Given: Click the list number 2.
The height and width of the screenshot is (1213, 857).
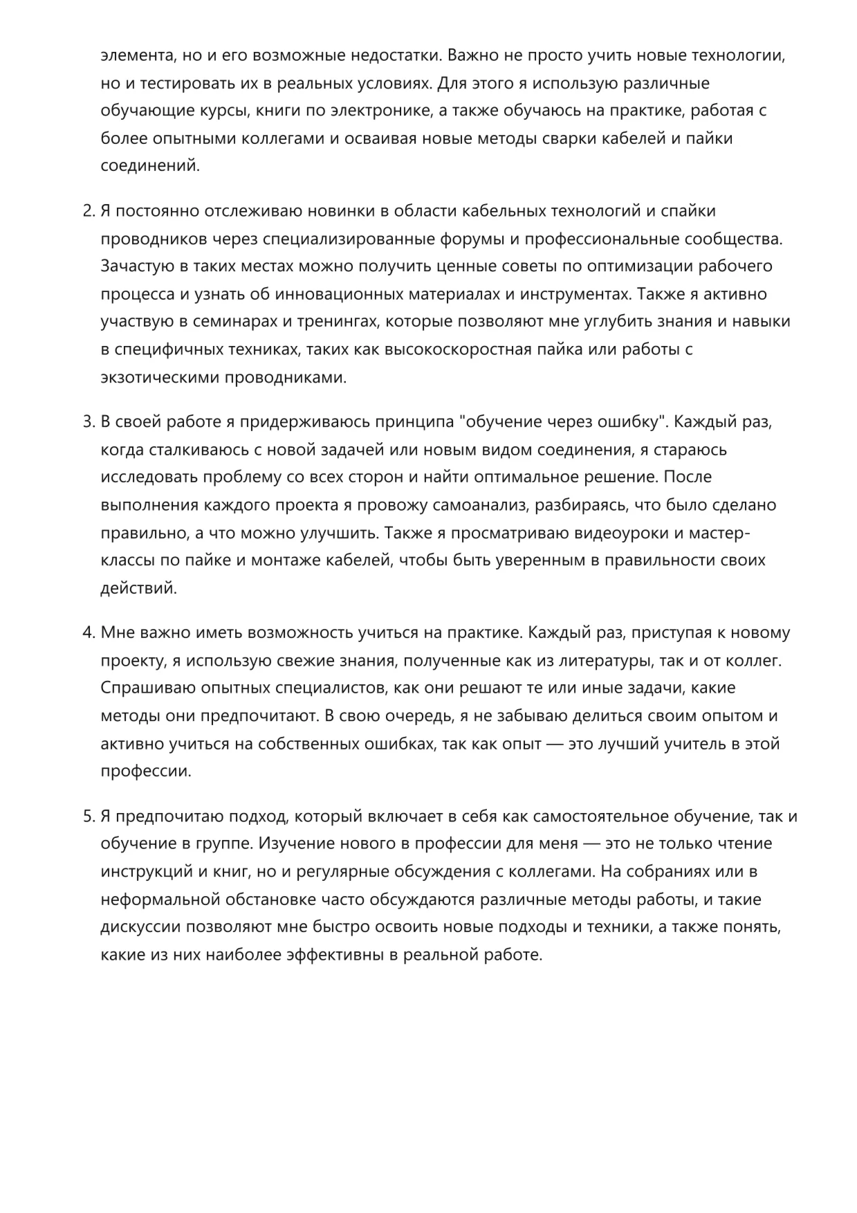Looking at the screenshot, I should coord(88,211).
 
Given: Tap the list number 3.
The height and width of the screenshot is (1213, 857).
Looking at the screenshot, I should coord(88,422).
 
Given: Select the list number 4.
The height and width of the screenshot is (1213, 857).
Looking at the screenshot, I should coord(88,632).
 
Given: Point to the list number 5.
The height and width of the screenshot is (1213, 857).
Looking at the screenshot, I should coord(88,817).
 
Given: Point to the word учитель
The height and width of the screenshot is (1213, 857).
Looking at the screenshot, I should coord(692,744).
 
